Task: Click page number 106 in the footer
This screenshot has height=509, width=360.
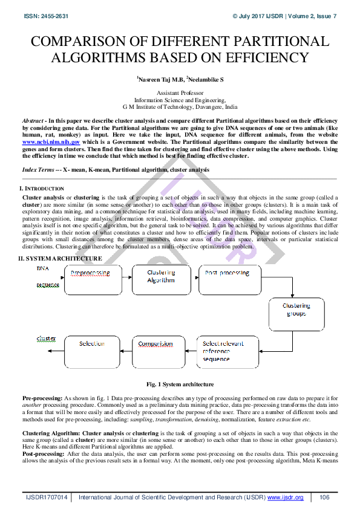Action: [324, 497]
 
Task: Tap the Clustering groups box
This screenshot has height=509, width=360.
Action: [296, 313]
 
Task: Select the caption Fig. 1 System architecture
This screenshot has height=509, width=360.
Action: [180, 384]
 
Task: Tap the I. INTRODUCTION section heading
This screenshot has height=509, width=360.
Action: [41, 189]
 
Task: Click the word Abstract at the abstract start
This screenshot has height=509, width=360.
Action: [34, 121]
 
